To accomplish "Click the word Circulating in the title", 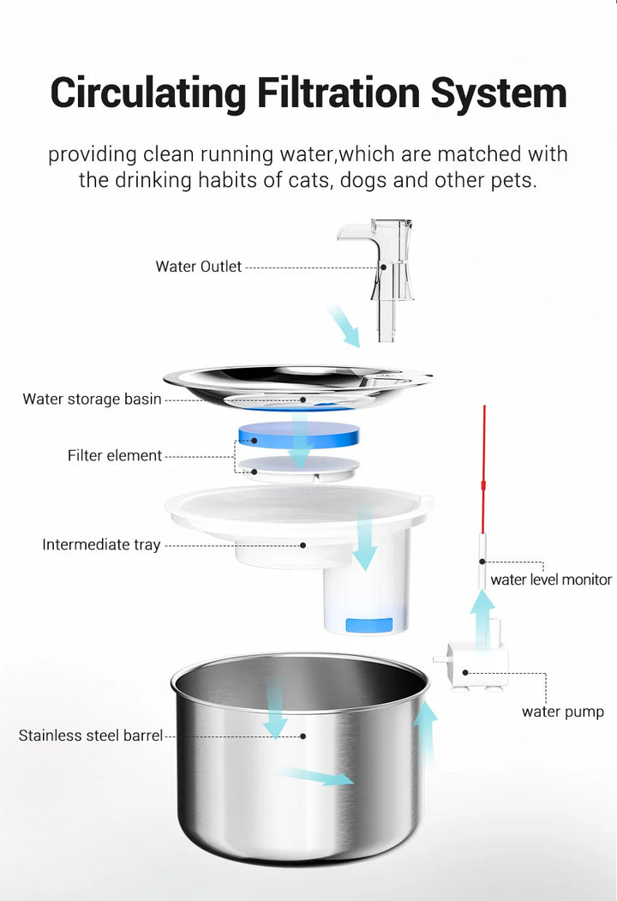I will tap(143, 93).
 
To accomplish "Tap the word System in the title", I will tap(499, 93).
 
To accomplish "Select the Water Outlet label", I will tap(199, 267).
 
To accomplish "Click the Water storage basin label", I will tap(92, 399).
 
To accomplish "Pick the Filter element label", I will tap(115, 455).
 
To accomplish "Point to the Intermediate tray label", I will tap(101, 544).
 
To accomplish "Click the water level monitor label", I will tap(551, 580).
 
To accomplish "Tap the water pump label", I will tap(562, 712).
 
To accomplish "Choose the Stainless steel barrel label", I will tap(91, 735).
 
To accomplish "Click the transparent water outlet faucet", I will tap(385, 266).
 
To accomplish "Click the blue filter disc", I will tap(298, 435).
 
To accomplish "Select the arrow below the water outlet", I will tap(344, 326).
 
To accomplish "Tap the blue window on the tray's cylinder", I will tap(369, 624).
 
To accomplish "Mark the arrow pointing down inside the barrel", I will tap(275, 710).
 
